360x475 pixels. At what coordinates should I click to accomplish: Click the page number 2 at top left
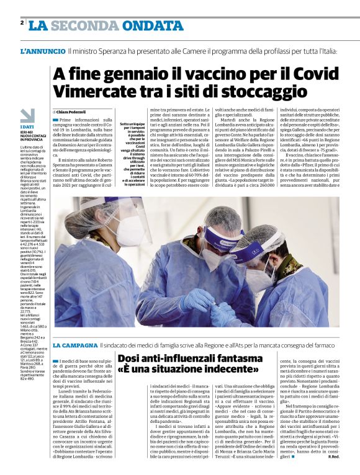[x=22, y=23]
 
